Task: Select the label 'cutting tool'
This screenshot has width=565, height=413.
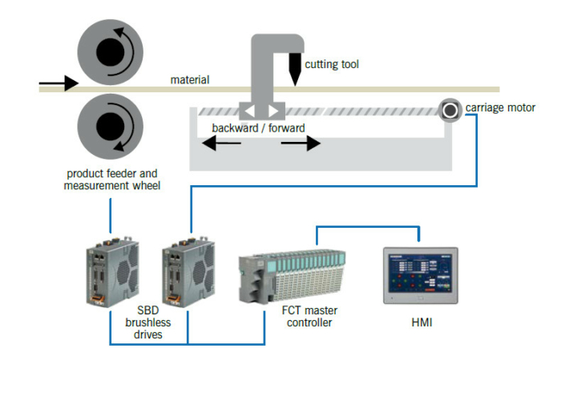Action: click(332, 64)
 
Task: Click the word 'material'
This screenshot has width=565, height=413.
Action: click(190, 79)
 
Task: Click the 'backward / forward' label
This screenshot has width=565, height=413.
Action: click(258, 128)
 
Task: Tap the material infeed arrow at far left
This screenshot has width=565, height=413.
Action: click(58, 82)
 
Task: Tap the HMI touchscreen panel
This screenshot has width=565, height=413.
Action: click(420, 274)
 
